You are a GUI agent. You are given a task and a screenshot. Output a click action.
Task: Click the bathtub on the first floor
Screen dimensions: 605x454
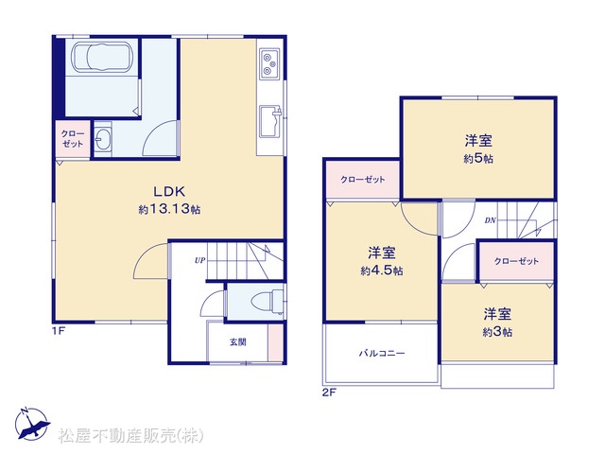(x=103, y=57)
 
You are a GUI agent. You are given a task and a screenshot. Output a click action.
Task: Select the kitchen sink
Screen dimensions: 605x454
(x=269, y=121)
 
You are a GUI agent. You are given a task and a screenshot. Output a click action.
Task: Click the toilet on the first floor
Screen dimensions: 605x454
(x=268, y=302)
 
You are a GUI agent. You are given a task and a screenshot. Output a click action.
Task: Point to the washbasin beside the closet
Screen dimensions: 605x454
(x=103, y=139)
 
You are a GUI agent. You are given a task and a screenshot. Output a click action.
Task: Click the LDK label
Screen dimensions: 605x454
(x=169, y=191)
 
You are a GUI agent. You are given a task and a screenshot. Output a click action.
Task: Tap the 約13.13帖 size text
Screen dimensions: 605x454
(x=169, y=209)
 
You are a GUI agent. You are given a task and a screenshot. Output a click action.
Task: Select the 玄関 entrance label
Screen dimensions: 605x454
(x=238, y=342)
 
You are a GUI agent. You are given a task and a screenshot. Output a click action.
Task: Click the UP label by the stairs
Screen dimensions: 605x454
(x=199, y=260)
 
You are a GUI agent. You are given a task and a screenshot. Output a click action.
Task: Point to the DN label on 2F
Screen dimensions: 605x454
(x=490, y=220)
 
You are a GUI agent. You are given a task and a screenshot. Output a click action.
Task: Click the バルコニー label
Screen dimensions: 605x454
(x=382, y=353)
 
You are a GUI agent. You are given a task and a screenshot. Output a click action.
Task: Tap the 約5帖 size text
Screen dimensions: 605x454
(x=478, y=159)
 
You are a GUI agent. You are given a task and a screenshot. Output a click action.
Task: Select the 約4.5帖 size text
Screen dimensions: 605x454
(x=382, y=271)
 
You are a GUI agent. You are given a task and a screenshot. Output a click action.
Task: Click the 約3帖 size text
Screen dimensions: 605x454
(x=497, y=332)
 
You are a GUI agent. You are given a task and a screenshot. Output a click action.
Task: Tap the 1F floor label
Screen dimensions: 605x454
(x=59, y=331)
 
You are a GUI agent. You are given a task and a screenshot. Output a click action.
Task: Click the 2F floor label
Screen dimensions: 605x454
(x=329, y=393)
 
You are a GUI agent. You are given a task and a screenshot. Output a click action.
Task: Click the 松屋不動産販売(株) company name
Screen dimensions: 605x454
(x=130, y=436)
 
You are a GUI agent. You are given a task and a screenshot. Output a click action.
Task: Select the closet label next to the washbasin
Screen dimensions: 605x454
(x=72, y=139)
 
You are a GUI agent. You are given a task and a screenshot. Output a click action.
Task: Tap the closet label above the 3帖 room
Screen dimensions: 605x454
(x=516, y=261)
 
